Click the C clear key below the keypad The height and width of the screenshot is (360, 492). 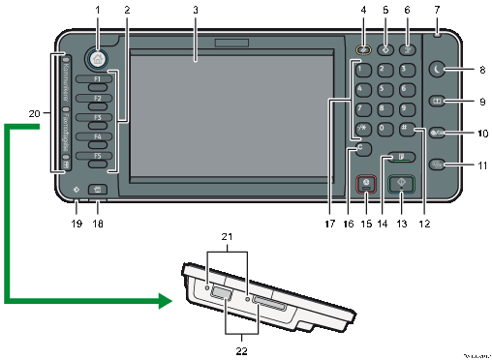362,150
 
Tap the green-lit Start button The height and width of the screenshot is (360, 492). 401,182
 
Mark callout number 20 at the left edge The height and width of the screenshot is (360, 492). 35,114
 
